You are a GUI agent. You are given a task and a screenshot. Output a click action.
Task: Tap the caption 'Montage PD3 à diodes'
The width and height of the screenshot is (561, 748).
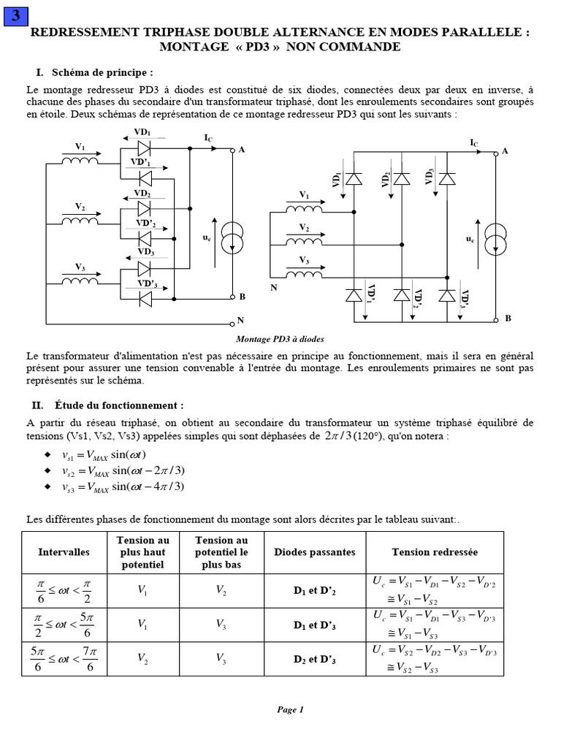280,339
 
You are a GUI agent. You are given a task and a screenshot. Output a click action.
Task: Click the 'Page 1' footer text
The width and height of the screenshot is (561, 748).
289,709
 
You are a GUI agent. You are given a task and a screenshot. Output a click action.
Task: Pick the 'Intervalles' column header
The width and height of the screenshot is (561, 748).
64,552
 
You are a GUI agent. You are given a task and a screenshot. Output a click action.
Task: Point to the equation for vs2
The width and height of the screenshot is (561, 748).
122,470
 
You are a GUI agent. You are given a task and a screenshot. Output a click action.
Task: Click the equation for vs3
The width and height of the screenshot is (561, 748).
122,486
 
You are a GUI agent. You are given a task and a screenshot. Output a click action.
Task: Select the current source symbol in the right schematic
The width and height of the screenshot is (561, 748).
497,238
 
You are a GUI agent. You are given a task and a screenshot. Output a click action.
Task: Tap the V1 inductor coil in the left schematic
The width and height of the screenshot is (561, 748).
80,159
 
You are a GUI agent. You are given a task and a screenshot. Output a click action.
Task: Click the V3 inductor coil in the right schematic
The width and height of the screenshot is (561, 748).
304,272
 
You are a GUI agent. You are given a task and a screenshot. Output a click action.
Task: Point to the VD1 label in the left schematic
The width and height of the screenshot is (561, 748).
142,132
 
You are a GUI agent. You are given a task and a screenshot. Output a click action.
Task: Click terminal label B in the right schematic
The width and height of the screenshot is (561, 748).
507,319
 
